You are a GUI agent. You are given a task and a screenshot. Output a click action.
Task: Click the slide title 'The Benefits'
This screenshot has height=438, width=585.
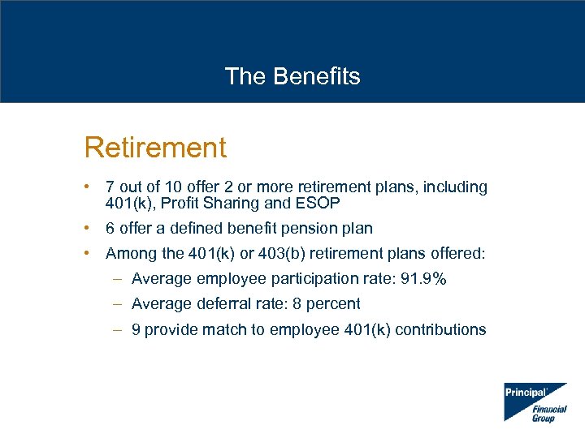point(292,76)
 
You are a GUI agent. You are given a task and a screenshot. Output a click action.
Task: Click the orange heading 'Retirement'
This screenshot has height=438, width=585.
point(155,148)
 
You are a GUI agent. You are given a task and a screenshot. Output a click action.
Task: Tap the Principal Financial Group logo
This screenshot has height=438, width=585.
point(535,401)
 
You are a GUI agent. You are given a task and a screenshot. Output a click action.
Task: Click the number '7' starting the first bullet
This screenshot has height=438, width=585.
point(110,187)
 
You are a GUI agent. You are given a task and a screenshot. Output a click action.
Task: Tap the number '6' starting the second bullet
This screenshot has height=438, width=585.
point(110,229)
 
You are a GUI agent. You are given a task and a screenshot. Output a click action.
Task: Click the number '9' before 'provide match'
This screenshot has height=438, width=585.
point(136,330)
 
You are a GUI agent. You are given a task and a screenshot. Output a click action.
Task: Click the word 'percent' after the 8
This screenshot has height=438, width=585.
point(333,304)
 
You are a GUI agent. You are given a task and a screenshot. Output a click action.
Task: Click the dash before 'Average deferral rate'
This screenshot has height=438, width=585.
point(118,304)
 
